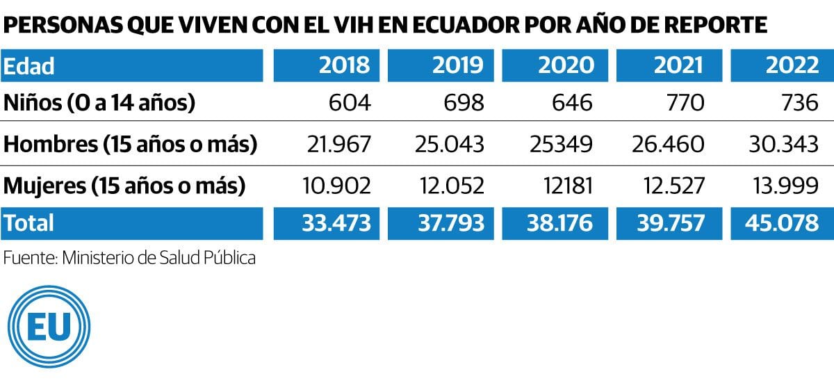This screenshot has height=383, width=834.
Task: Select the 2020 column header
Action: tap(566, 65)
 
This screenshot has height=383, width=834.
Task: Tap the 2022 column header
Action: tap(792, 65)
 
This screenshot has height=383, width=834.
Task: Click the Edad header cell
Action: tap(29, 66)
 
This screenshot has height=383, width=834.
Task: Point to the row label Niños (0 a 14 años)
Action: tap(99, 104)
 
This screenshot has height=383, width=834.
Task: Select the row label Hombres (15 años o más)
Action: tap(131, 145)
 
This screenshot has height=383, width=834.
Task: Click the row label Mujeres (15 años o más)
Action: tap(124, 186)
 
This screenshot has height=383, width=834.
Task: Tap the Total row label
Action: tap(28, 223)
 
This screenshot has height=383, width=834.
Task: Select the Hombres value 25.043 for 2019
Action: tap(449, 145)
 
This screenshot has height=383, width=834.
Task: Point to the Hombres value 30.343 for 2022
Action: tap(783, 145)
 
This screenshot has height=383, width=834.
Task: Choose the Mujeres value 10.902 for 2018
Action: tap(337, 186)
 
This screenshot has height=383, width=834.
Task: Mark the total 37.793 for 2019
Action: tap(448, 223)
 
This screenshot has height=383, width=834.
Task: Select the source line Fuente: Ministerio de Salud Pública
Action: tap(130, 257)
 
